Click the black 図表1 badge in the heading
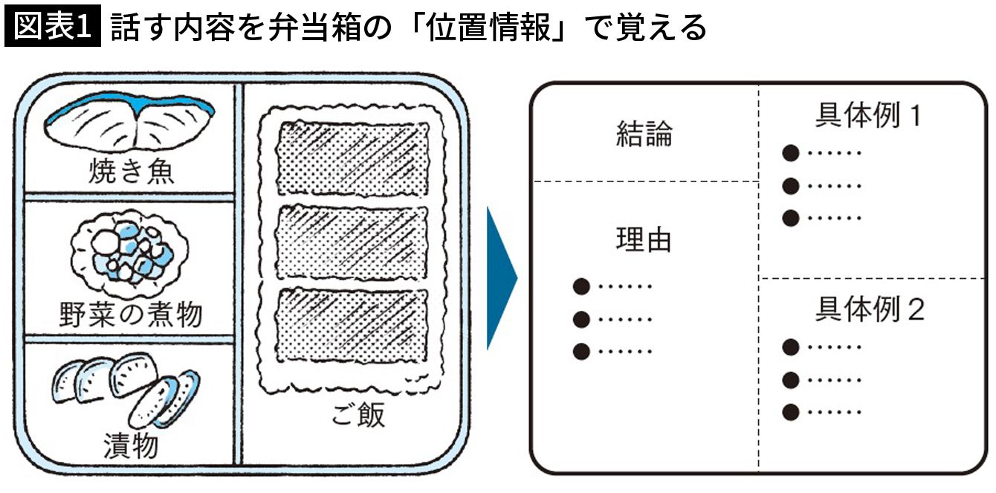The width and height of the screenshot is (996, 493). click(52, 28)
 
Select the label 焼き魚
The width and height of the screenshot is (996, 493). click(131, 173)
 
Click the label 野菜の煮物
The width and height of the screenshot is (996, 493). click(130, 315)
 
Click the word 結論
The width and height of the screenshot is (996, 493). click(644, 135)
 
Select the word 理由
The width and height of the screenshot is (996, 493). click(644, 239)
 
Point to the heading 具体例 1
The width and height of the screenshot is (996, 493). click(867, 116)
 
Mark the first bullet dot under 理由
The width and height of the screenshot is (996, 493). click(581, 286)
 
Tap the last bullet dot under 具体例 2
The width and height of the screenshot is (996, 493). click(791, 412)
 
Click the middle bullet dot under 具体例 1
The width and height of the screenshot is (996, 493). click(791, 186)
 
